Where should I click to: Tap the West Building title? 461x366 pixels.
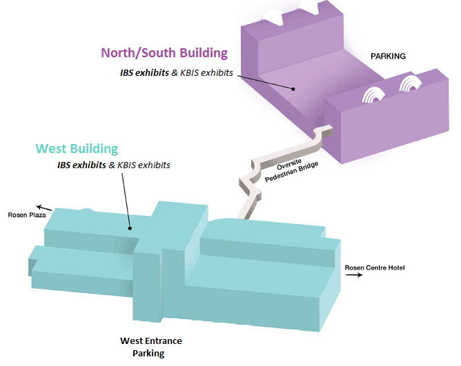click(x=77, y=148)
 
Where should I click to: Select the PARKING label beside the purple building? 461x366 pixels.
click(x=387, y=56)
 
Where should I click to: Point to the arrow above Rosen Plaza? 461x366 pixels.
click(x=43, y=206)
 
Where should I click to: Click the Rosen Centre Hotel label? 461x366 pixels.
click(x=373, y=267)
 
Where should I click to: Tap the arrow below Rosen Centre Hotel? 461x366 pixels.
click(x=355, y=275)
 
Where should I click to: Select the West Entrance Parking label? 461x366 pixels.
click(x=150, y=347)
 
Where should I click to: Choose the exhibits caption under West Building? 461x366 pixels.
click(x=113, y=165)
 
